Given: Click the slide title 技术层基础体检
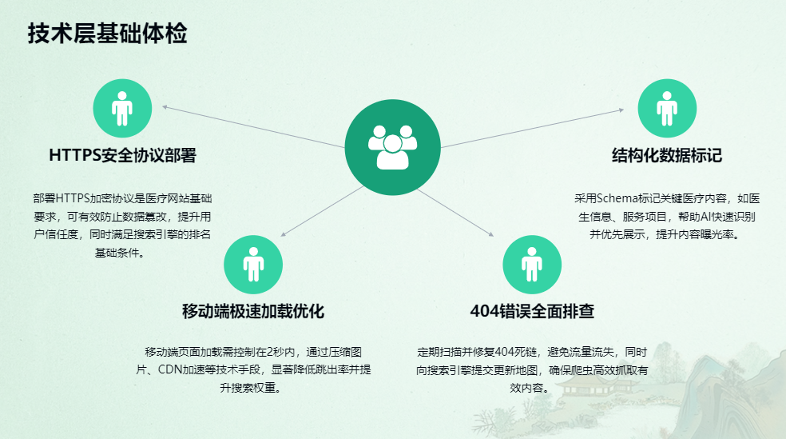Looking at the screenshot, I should point(107,34).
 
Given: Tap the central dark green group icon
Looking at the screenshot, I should point(393,147).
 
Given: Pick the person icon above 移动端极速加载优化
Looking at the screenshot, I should point(253,265).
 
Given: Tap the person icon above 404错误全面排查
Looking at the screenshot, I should point(531,265).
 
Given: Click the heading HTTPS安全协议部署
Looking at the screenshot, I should point(122,155).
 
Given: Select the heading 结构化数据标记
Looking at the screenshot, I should point(667,155).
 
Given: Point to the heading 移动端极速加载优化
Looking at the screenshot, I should point(253,311).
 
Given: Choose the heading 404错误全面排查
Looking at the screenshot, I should point(532,311).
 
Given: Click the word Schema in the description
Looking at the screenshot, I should point(615,198).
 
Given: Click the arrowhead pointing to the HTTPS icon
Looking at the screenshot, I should point(165,106).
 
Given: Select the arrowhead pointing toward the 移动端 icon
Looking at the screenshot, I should point(283,234).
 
